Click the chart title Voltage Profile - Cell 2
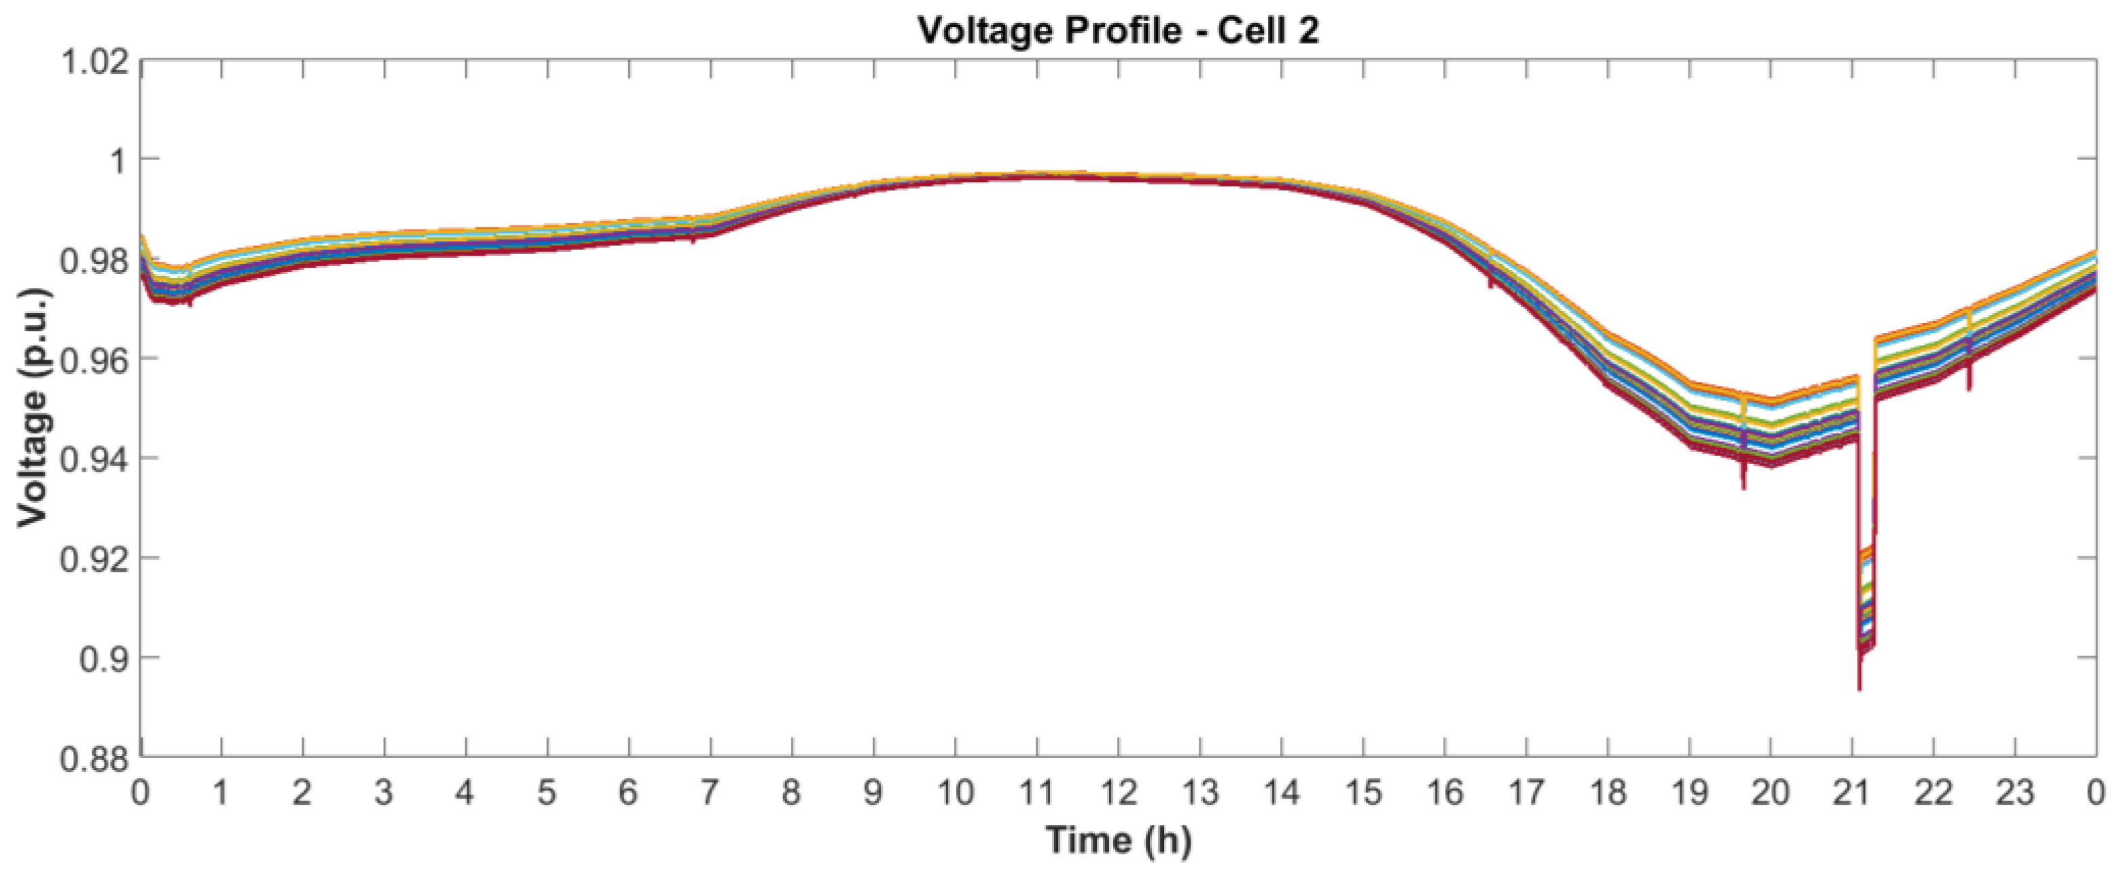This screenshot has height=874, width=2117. (1118, 31)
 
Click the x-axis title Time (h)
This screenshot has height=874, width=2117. (1118, 839)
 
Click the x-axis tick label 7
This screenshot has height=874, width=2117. (710, 793)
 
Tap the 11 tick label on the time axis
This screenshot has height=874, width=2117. (1036, 793)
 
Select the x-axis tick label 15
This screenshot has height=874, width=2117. (1363, 793)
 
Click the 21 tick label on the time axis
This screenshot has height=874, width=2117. (1852, 793)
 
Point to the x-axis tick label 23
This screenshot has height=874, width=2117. (2015, 793)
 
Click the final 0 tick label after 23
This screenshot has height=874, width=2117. (2097, 793)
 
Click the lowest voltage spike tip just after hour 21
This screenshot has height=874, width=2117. (1859, 688)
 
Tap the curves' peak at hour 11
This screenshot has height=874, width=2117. (1037, 175)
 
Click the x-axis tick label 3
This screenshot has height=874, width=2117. (384, 793)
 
